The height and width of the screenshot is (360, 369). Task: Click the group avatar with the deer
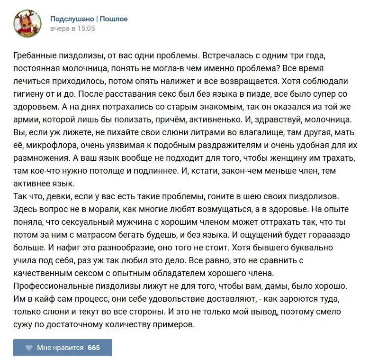point(26,23)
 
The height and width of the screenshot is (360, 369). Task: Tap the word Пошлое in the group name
point(113,19)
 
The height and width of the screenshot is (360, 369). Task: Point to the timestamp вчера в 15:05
point(72,28)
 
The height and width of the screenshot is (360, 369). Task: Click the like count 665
point(94,348)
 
